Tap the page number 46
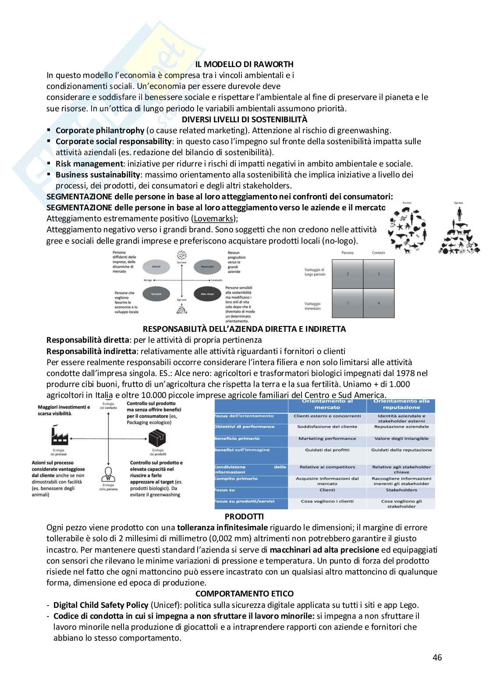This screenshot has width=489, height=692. tap(437, 657)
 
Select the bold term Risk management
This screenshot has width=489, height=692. tap(89, 163)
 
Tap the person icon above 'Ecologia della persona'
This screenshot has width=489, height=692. tap(107, 473)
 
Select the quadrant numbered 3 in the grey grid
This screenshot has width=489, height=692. tap(379, 274)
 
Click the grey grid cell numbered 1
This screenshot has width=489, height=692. tap(347, 303)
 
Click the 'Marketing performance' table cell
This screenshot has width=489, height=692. tap(327, 438)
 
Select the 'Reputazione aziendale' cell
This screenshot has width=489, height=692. tap(401, 426)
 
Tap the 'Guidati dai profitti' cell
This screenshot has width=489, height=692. tap(327, 450)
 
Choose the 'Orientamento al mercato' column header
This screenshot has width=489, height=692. tap(327, 404)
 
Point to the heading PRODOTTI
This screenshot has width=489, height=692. tap(244, 517)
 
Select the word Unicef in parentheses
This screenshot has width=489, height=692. tap(165, 605)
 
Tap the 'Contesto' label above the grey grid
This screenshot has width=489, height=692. tap(379, 253)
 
